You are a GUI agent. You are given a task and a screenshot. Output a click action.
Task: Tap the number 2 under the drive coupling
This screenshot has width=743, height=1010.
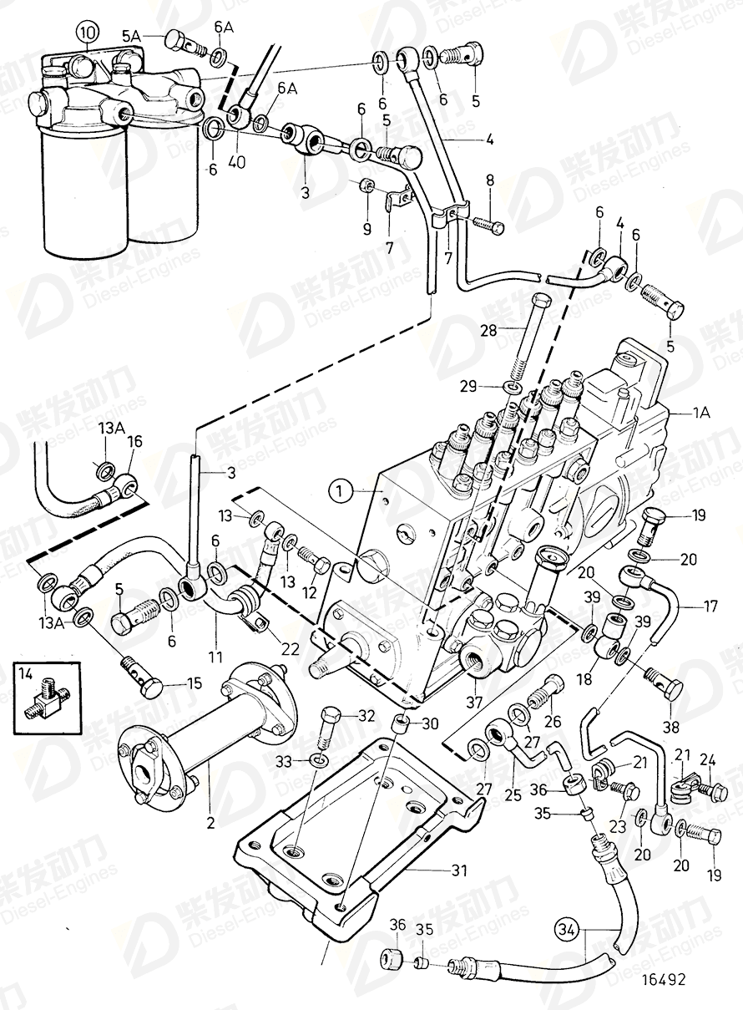pos(210,823)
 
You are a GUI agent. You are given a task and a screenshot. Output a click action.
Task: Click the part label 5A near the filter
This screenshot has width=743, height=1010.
pos(132,36)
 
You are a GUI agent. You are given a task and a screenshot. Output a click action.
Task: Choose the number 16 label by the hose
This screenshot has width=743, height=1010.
pos(134,444)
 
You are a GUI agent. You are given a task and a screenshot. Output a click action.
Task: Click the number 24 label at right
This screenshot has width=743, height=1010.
pos(707,759)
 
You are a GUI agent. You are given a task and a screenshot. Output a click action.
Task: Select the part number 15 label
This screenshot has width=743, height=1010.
pos(194,683)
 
